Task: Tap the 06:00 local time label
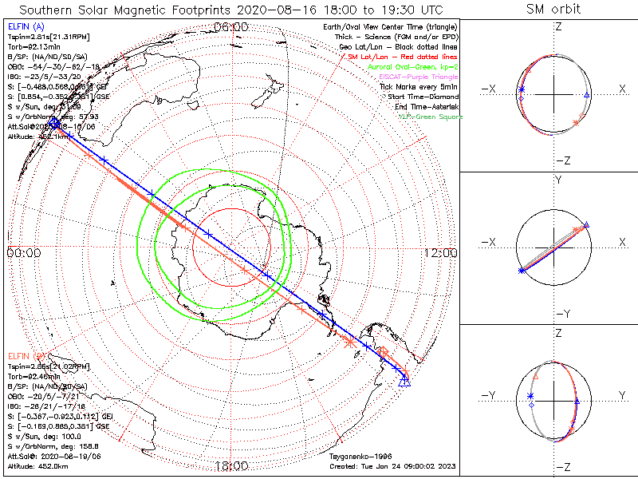[x=232, y=27]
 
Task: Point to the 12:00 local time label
[x=440, y=253]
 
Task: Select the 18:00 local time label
[x=232, y=466]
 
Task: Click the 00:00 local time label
[x=24, y=253]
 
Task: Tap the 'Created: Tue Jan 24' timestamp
[x=392, y=465]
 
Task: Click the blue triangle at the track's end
[x=404, y=382]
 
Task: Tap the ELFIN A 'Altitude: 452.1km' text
[x=39, y=137]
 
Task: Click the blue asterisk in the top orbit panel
[x=522, y=89]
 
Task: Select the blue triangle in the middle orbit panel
[x=587, y=225]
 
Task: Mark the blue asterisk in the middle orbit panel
[x=522, y=271]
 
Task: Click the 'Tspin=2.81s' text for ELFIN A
[x=41, y=37]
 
